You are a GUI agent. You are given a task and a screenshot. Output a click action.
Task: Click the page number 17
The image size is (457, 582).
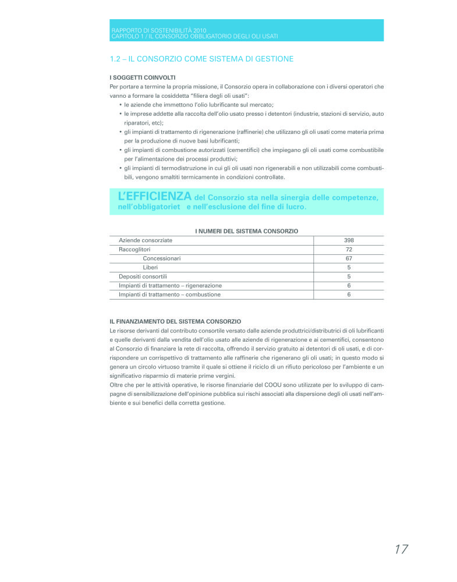coord(401,549)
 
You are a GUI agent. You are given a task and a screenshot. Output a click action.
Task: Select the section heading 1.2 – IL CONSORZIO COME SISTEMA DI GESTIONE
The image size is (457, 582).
coord(201,59)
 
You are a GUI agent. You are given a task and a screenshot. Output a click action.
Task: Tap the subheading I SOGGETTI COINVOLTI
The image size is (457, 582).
coord(143,77)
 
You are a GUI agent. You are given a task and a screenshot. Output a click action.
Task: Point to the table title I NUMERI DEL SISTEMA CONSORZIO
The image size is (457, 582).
coord(246,231)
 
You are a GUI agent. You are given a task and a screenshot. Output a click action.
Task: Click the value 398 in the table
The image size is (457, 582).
coord(349,240)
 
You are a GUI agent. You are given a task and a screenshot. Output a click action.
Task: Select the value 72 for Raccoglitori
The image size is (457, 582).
coord(349,249)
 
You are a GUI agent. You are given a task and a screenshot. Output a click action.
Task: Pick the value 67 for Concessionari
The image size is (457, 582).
coord(349,258)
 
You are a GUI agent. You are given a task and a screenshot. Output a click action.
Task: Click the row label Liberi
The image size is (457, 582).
coord(150,267)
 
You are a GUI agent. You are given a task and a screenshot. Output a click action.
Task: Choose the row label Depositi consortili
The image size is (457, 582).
coord(143,276)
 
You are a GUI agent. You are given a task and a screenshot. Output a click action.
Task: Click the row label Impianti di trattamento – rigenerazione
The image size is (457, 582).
coord(170,285)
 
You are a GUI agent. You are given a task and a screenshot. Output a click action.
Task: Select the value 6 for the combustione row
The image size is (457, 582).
coord(349,294)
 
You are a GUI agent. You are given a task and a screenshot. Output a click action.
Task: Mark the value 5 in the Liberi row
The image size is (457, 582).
coord(349,267)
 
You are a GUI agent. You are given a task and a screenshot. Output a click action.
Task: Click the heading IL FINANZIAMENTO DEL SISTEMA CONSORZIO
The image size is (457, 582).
coord(175,321)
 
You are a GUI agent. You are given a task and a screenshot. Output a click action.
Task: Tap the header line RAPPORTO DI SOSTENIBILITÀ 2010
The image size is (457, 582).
coord(158,30)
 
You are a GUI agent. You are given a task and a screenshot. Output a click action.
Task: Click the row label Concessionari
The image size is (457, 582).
coord(161,258)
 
